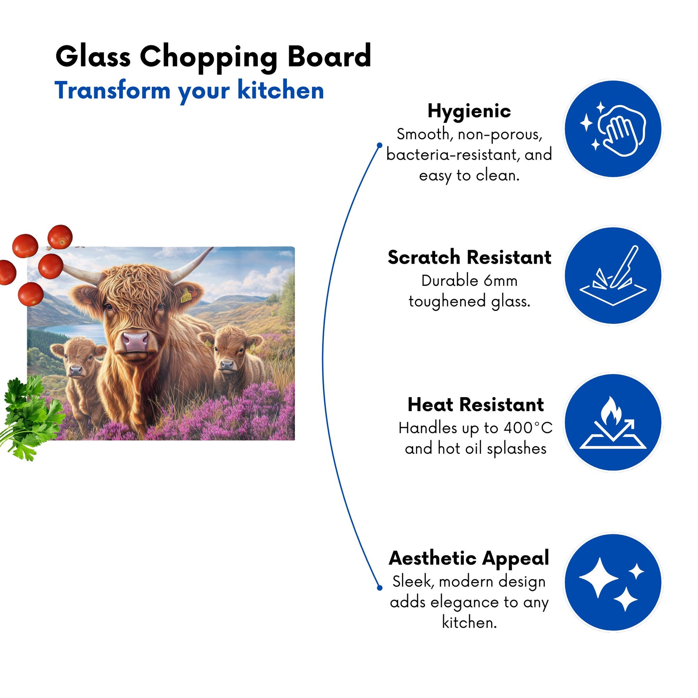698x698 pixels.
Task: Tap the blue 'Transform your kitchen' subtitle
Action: (x=189, y=91)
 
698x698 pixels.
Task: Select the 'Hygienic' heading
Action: (x=469, y=111)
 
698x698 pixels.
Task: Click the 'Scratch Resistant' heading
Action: (x=469, y=257)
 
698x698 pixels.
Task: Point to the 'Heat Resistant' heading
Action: (x=476, y=404)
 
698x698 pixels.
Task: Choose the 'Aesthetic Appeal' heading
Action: (x=469, y=558)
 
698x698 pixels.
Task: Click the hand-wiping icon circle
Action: (x=613, y=129)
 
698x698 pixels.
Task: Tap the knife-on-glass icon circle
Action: (x=613, y=275)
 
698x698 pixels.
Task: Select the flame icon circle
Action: (x=613, y=422)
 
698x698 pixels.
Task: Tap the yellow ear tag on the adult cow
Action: (x=186, y=297)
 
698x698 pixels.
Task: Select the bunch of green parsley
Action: (x=31, y=417)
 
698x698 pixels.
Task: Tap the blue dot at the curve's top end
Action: (x=379, y=145)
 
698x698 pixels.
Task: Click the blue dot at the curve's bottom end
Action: (x=379, y=588)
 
